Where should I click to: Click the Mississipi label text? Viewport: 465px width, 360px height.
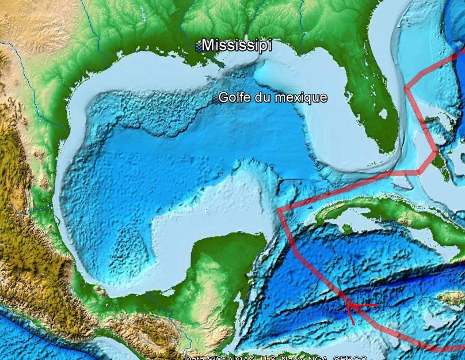pos(237,45)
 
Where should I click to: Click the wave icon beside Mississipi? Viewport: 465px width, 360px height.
pos(197,46)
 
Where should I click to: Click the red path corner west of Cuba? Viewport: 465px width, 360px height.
pos(279,210)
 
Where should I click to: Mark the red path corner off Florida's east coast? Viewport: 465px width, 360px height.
pos(406,88)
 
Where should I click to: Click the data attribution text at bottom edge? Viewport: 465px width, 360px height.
pos(276,357)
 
